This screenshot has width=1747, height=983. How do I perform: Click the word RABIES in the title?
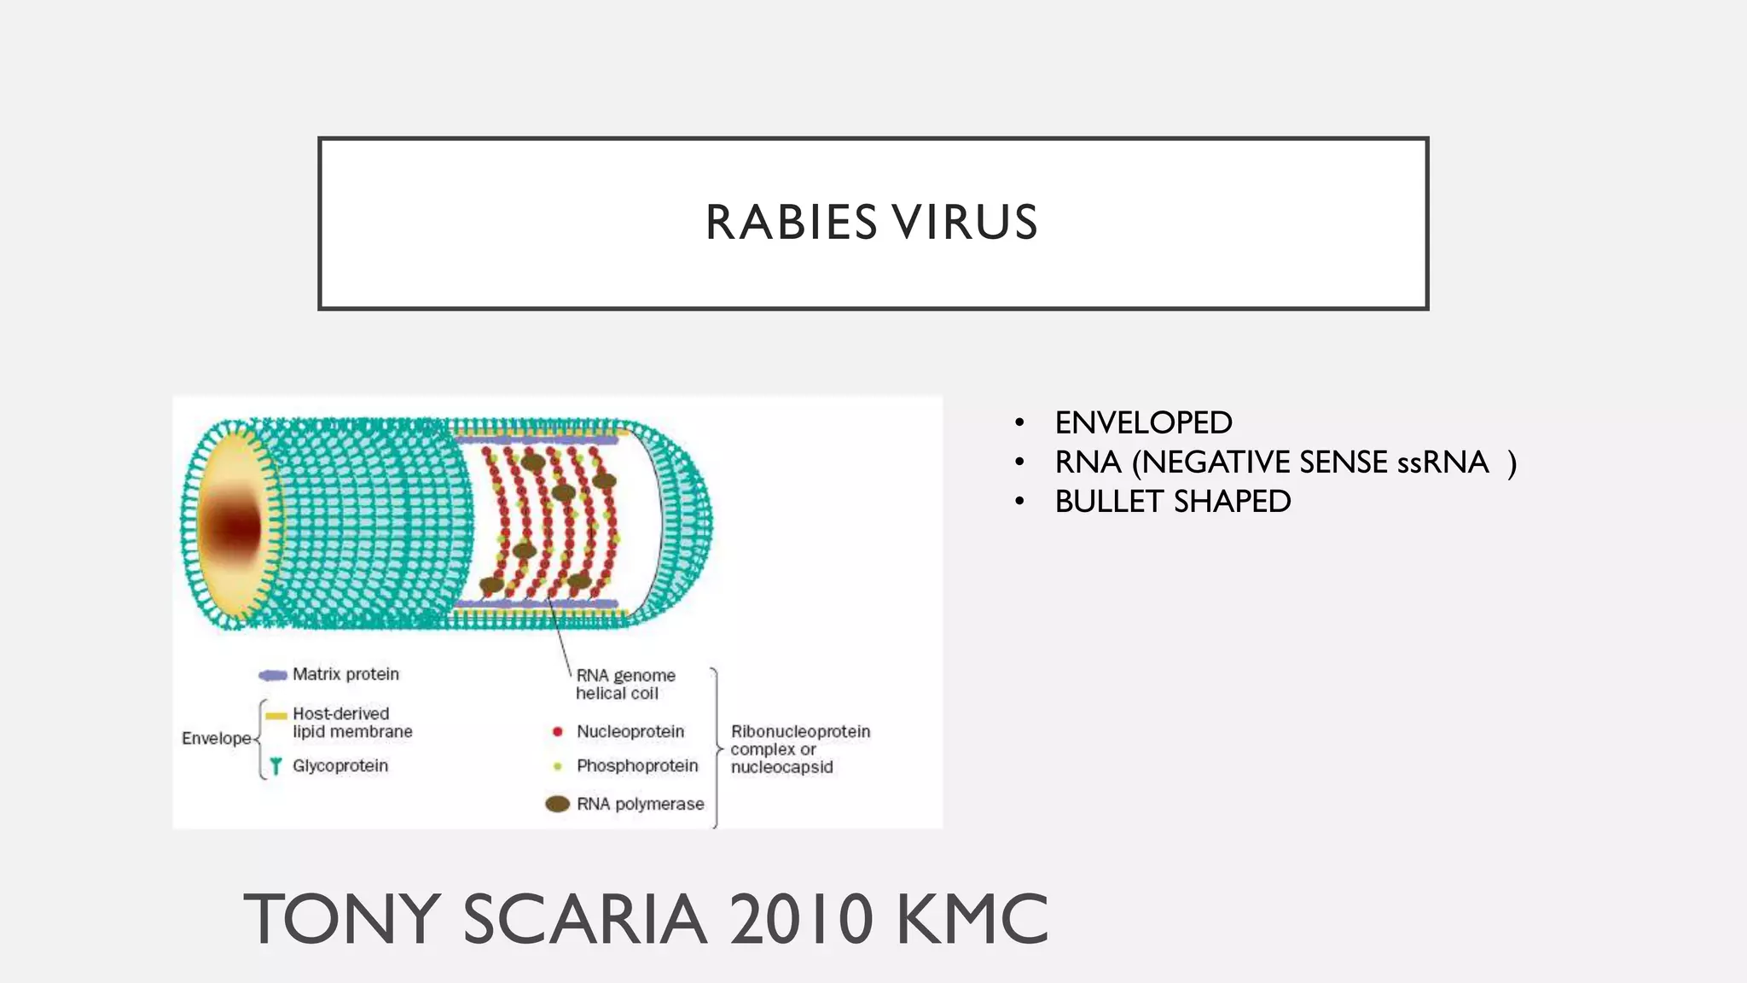(x=791, y=224)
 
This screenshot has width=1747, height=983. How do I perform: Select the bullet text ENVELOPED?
(x=1143, y=423)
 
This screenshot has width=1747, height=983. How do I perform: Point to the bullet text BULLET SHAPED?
(x=1172, y=502)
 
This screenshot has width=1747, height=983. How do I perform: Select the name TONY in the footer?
(x=342, y=920)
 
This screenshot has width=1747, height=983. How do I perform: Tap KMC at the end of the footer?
(x=972, y=920)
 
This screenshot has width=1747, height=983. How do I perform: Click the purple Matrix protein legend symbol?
(x=272, y=676)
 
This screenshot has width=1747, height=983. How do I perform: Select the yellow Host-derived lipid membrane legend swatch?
(x=276, y=716)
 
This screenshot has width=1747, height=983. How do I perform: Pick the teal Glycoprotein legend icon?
(x=276, y=766)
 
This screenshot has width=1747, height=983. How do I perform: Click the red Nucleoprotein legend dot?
(x=557, y=732)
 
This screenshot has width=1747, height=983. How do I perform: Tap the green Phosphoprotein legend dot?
(x=557, y=766)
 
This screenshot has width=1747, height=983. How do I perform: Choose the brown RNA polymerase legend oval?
(x=557, y=804)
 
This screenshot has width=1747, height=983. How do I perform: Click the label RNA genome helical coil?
(x=624, y=684)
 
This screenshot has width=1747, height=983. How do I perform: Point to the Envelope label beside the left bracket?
(x=216, y=738)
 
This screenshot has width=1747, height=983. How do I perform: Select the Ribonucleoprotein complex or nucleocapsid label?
(x=799, y=749)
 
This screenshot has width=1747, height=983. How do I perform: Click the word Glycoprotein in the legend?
(x=340, y=766)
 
